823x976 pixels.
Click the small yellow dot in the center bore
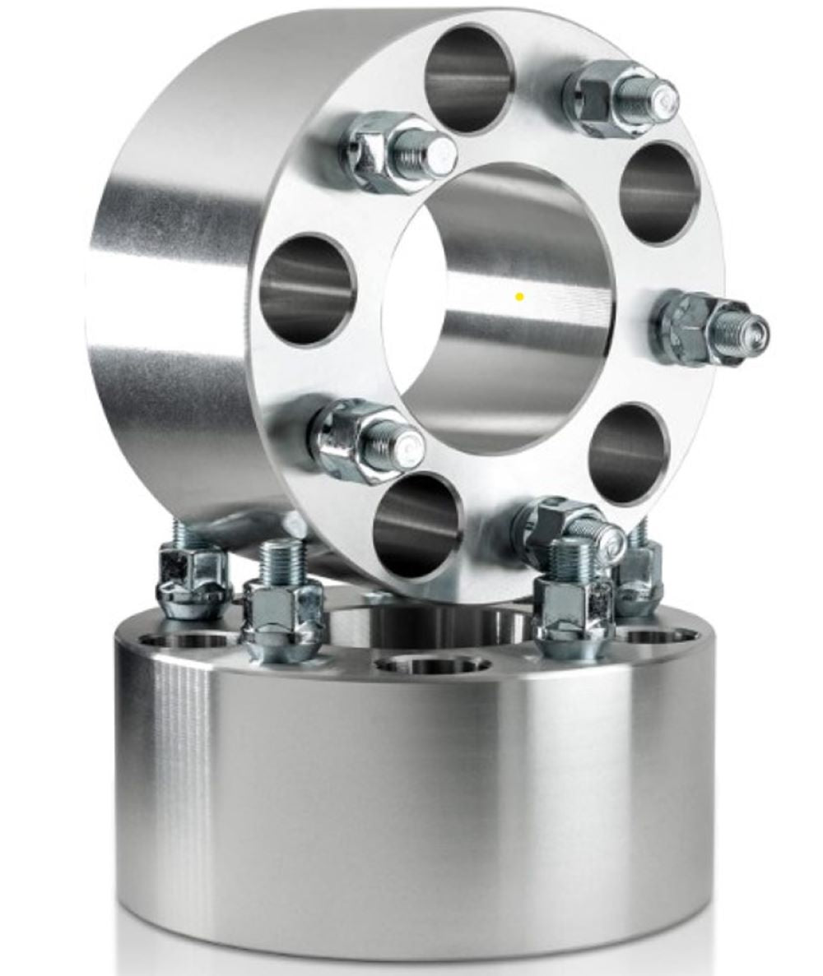519,296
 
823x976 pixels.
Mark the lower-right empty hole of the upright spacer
630,453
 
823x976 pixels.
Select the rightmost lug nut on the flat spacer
639,581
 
